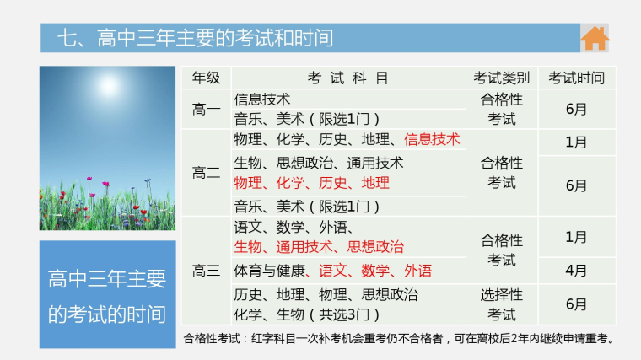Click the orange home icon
click(595, 38)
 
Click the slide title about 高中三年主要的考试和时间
click(195, 38)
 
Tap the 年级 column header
click(206, 78)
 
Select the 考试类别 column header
click(502, 78)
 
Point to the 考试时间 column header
click(576, 78)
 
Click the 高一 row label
click(206, 109)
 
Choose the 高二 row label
click(206, 173)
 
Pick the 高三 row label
click(206, 271)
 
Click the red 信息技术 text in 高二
click(432, 139)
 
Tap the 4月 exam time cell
click(576, 271)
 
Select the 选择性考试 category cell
click(502, 304)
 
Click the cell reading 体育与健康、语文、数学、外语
click(333, 271)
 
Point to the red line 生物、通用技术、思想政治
click(319, 247)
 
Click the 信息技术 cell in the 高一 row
click(262, 99)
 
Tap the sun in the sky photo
click(108, 86)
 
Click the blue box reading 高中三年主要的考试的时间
click(107, 294)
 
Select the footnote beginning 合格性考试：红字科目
click(399, 338)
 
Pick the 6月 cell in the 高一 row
click(576, 109)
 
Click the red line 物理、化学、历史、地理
click(311, 183)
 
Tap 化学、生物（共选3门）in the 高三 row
click(307, 314)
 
